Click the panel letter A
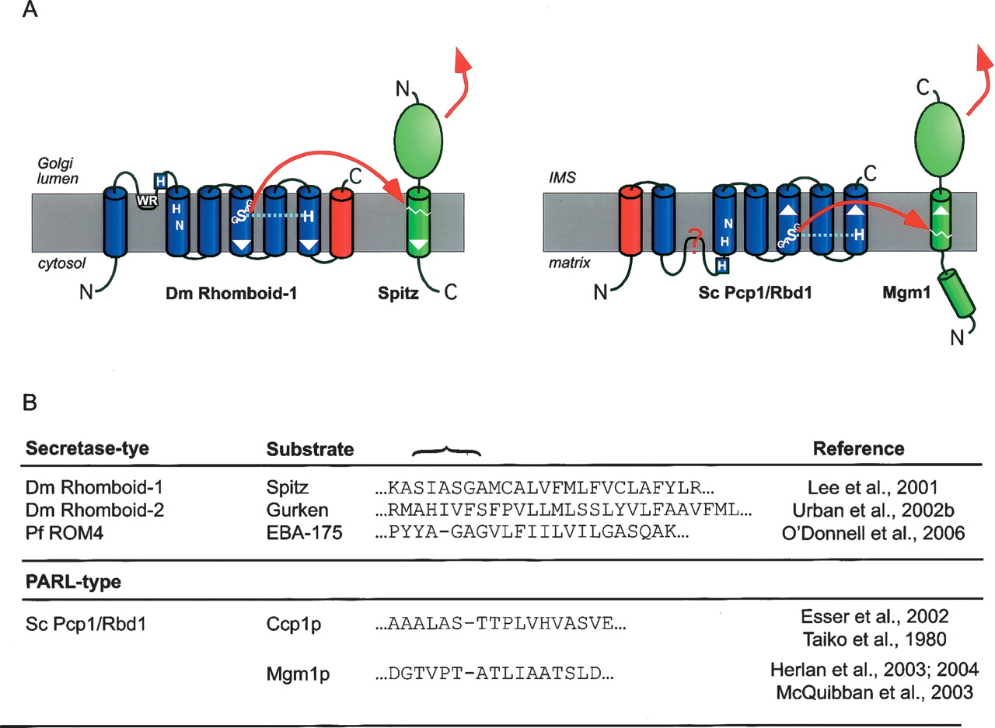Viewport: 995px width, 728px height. click(31, 13)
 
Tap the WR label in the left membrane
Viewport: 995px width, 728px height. click(145, 201)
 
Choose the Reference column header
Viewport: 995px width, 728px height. click(858, 448)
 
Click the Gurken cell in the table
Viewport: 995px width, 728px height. click(289, 512)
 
